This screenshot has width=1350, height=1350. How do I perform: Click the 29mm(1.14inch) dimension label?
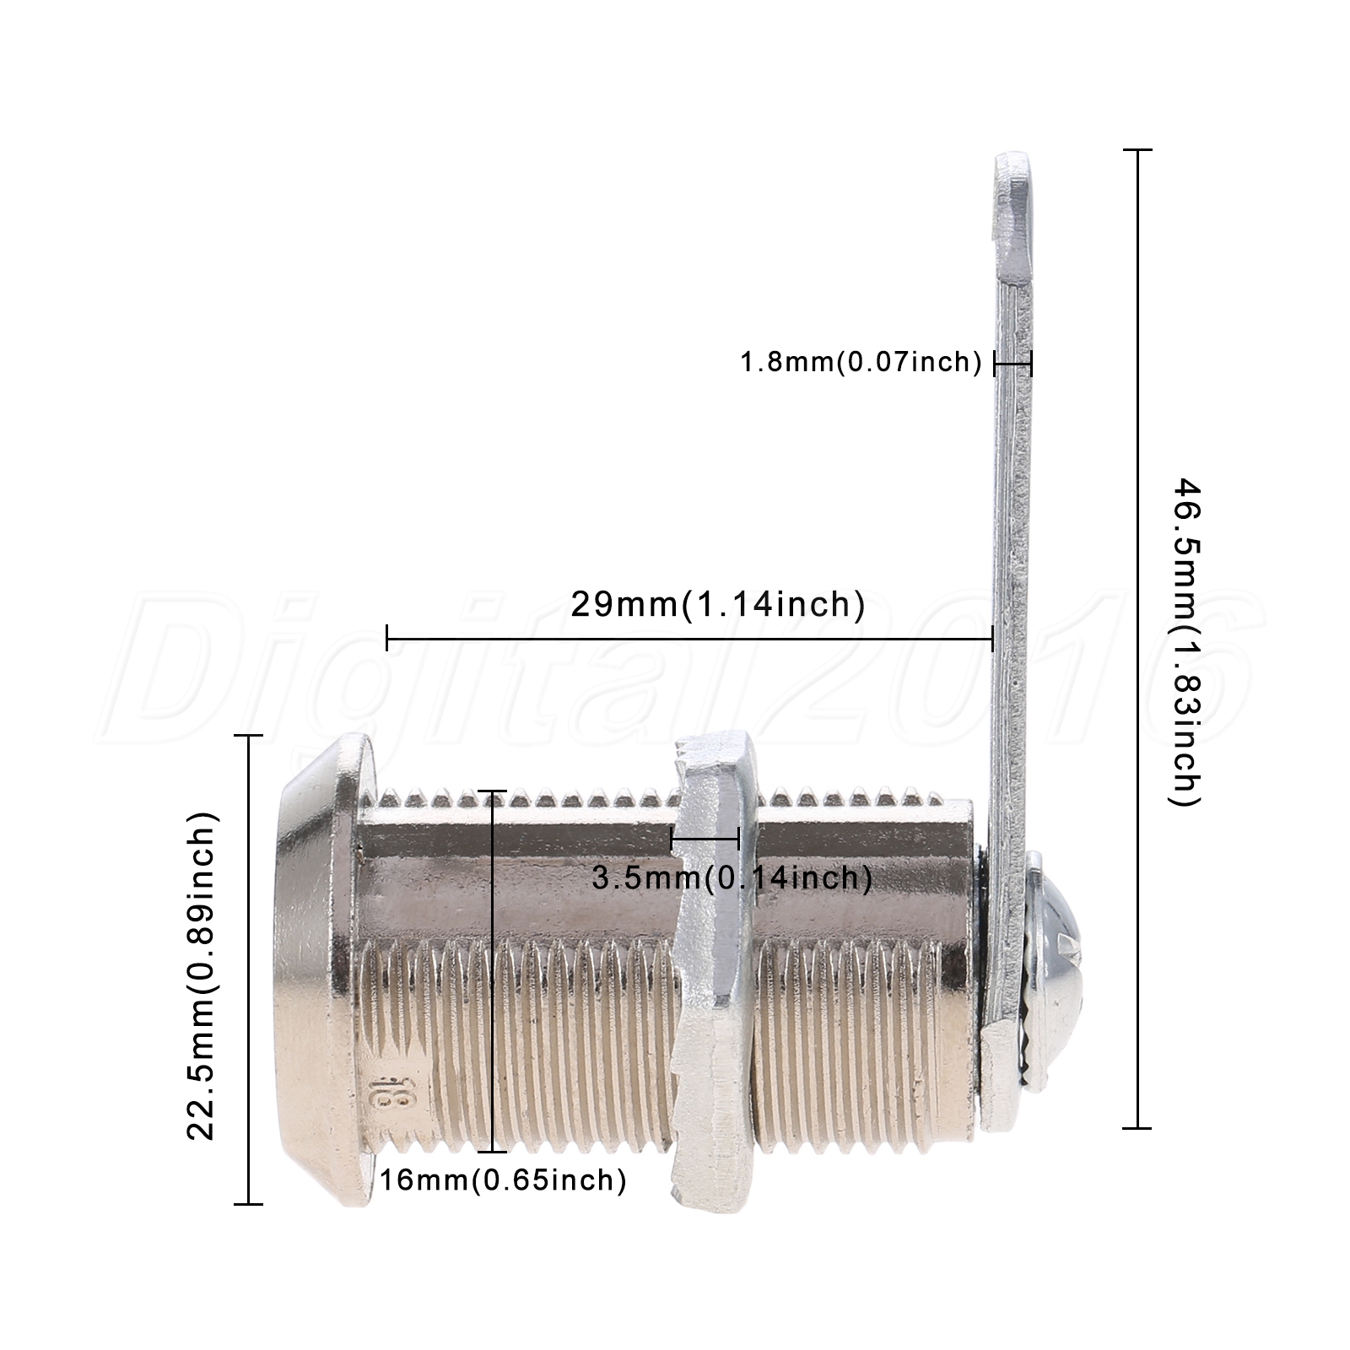tap(718, 604)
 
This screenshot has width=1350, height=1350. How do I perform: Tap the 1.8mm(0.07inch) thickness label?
tap(861, 363)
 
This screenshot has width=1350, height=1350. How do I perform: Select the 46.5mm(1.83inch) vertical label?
tap(1187, 642)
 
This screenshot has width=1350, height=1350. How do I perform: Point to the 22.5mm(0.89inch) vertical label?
tap(202, 975)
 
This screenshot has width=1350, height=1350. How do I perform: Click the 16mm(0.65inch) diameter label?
tap(503, 1180)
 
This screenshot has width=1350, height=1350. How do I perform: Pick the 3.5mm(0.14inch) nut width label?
tap(732, 878)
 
